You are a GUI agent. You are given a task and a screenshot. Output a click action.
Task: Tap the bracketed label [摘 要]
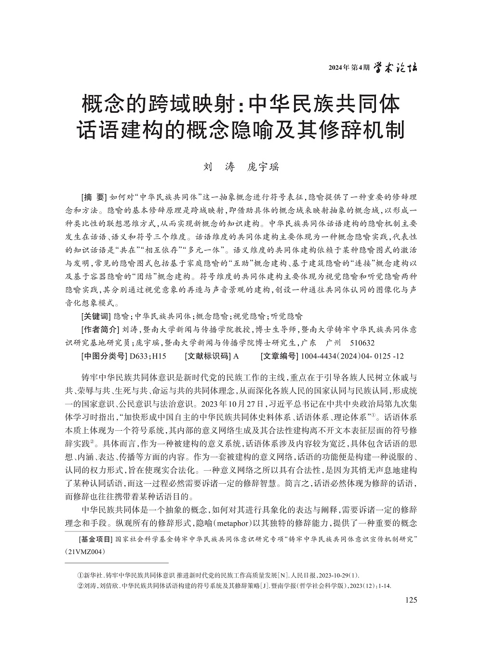94,197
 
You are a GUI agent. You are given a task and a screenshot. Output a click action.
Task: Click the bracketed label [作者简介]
100,330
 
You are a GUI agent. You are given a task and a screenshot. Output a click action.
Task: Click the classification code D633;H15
145,357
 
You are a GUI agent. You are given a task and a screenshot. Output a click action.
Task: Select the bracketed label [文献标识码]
208,357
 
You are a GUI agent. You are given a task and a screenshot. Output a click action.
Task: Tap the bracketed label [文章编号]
279,357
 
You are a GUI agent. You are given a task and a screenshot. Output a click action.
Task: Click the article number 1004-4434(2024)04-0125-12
352,357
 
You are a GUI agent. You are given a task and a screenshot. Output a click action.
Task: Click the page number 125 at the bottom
411,600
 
